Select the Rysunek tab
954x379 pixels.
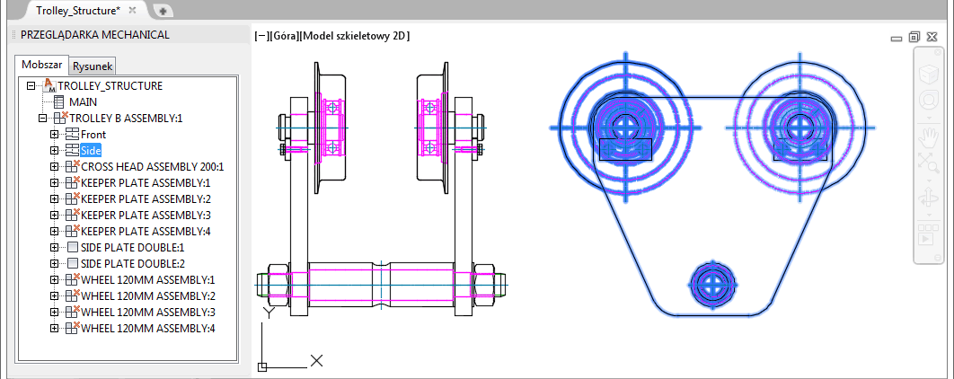coord(92,66)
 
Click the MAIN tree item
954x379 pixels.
coord(83,102)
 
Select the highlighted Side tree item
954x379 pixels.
coord(91,150)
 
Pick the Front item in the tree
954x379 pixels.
coord(93,135)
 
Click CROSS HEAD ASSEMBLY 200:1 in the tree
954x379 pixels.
coord(153,167)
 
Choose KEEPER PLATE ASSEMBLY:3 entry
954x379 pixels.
coord(146,215)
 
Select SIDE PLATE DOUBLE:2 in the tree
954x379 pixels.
coord(133,264)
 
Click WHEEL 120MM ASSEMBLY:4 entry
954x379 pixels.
coord(148,329)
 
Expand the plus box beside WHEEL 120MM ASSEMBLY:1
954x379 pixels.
coord(54,280)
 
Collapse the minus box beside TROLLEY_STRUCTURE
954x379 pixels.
coord(31,86)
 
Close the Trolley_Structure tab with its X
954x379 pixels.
coord(132,10)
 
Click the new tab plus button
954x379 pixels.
coord(163,11)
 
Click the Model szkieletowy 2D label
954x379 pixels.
coord(356,37)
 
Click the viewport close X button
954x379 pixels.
coord(932,37)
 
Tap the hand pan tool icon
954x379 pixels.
coord(928,138)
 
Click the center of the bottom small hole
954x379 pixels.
coord(709,284)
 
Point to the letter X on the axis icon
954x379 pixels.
coord(316,360)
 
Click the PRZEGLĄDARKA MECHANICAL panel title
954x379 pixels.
coord(95,35)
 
